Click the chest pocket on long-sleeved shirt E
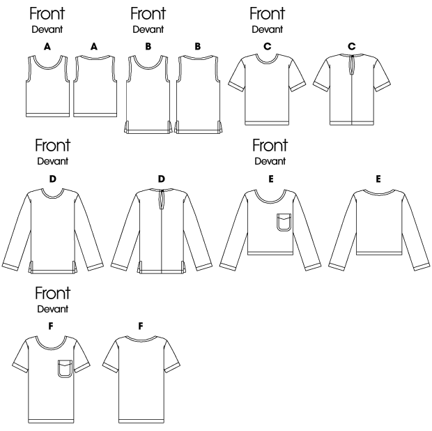pos(284,222)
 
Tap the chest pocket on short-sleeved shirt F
pos(65,368)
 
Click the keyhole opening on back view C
pos(352,65)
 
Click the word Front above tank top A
pos(47,14)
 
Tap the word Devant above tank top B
pos(148,29)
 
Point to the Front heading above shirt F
pos(53,293)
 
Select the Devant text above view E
pos(270,161)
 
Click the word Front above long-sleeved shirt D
pos(53,145)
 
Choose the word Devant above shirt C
pos(268,29)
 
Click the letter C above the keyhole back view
pos(352,46)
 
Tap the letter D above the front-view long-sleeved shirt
pos(53,179)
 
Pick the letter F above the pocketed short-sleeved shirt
pos(51,326)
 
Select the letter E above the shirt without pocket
pos(378,179)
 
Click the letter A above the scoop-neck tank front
pos(47,47)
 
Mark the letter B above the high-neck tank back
pos(198,46)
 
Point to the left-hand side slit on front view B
pos(126,127)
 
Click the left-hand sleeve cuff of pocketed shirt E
pos(228,267)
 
